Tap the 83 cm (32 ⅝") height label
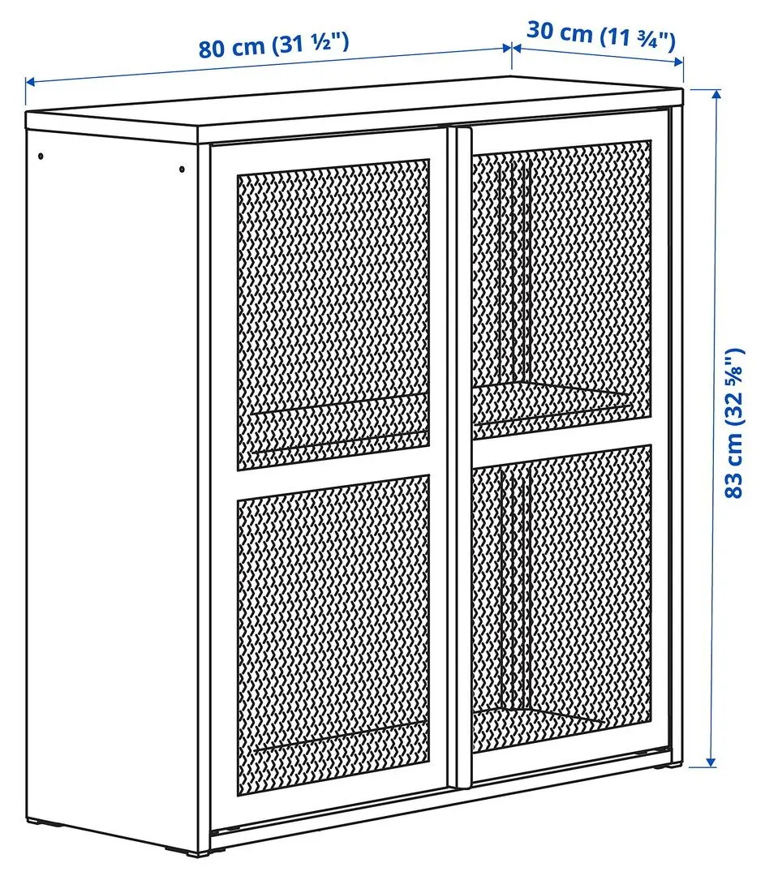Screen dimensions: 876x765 [x=733, y=423]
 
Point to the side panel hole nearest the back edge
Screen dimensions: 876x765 [x=41, y=155]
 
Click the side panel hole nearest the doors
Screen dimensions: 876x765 [x=182, y=169]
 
